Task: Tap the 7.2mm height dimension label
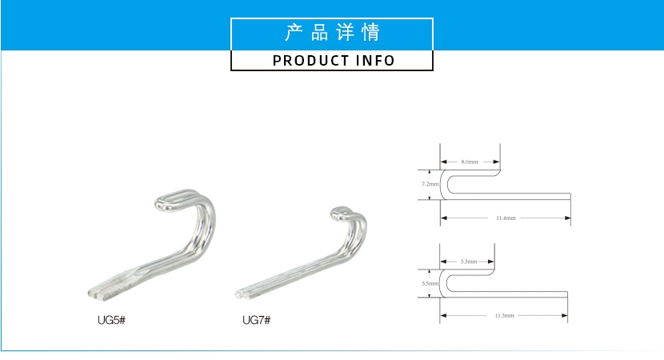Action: click(x=430, y=184)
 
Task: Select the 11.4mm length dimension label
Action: click(x=505, y=218)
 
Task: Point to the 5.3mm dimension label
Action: click(x=469, y=262)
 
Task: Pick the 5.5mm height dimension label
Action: click(x=430, y=283)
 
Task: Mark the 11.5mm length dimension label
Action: click(x=505, y=316)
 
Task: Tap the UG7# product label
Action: click(x=256, y=320)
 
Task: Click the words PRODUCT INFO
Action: click(x=334, y=61)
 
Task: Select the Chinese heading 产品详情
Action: click(x=333, y=33)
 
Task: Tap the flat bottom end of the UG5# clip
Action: click(x=94, y=293)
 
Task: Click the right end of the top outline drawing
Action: click(x=570, y=197)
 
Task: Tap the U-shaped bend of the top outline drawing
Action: click(x=446, y=184)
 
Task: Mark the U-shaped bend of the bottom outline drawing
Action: click(x=445, y=283)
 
